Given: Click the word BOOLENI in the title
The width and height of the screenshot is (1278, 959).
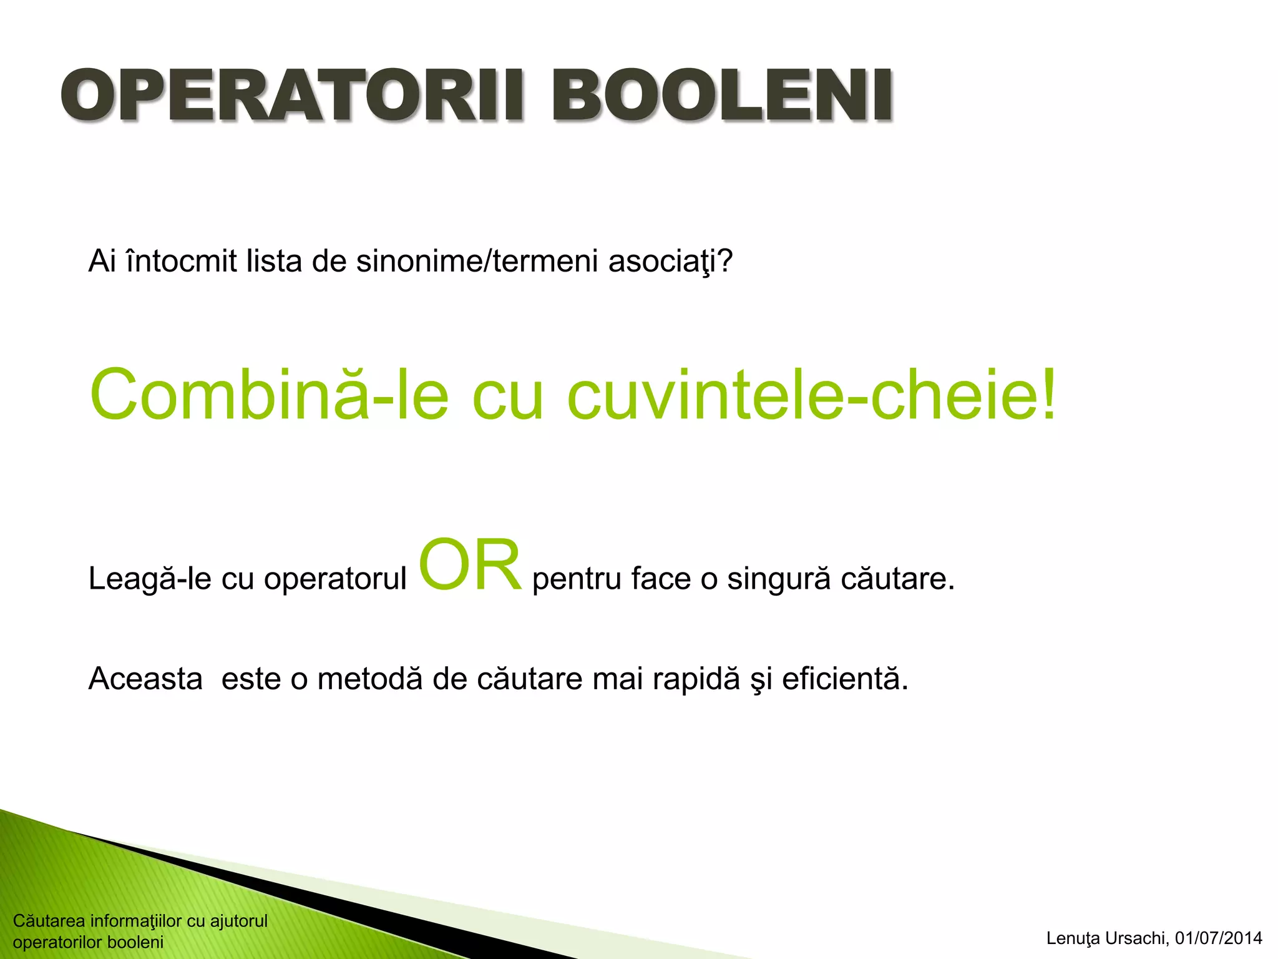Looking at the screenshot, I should [x=722, y=97].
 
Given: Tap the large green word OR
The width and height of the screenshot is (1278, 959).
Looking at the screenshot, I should [x=469, y=565].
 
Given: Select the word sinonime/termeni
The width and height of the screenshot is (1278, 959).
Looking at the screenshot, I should [x=477, y=261].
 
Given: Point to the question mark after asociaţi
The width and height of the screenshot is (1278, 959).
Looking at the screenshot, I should [x=724, y=261].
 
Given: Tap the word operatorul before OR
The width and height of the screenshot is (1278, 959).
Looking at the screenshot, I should [x=335, y=579].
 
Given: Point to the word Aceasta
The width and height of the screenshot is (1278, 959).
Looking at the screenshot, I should [x=145, y=679].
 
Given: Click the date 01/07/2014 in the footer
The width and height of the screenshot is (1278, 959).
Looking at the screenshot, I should [x=1219, y=938].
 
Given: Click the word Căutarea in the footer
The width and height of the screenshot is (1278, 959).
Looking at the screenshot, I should [x=49, y=921].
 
